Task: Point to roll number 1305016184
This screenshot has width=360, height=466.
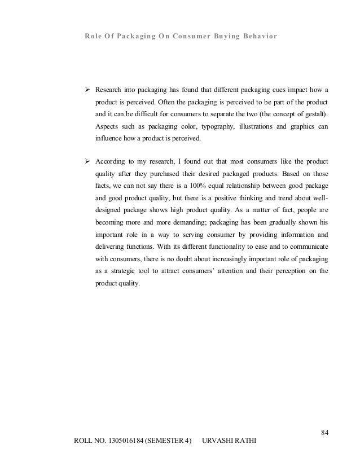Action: pyautogui.click(x=123, y=439)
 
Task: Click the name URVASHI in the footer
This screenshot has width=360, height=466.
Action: pyautogui.click(x=217, y=439)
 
